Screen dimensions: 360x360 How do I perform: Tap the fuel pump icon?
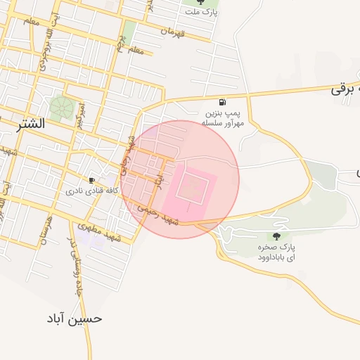point(223,101)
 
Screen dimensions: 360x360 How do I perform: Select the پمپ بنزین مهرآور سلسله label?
point(224,117)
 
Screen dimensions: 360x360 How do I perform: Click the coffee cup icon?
point(91,180)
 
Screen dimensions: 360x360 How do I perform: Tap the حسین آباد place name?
point(74,319)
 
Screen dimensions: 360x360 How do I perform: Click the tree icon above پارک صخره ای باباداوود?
point(276,237)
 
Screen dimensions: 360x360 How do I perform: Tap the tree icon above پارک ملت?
point(202,2)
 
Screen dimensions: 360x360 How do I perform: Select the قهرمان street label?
point(172,32)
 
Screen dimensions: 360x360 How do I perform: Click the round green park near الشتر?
point(61,107)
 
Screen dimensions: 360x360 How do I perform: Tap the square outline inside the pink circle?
point(192,188)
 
